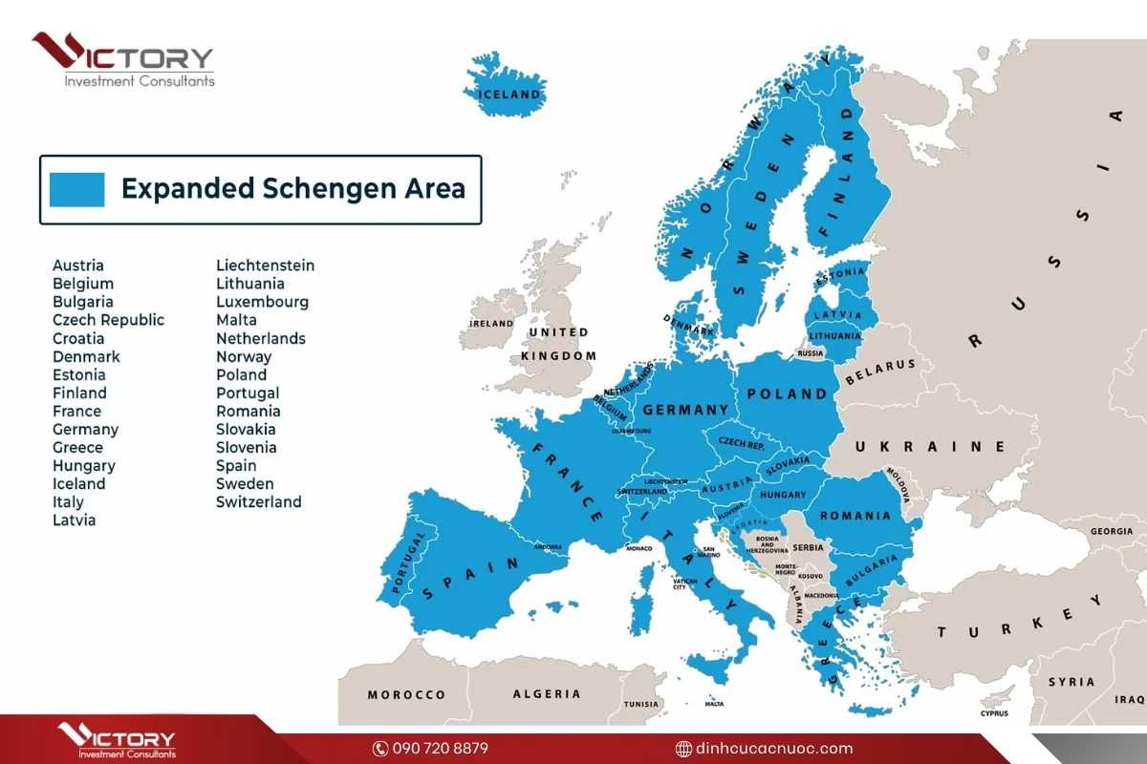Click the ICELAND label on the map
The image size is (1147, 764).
509,95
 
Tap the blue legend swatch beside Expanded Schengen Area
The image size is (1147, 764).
77,189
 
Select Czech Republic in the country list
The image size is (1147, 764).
108,320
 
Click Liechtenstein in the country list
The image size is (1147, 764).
265,265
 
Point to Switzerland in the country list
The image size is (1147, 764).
258,501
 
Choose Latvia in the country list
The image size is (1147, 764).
74,520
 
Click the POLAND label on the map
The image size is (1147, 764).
788,393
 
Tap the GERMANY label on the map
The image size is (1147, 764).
685,410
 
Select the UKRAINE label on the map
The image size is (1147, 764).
930,446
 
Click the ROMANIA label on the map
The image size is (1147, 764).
855,516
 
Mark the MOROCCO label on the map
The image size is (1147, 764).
406,694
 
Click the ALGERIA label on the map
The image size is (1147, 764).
546,694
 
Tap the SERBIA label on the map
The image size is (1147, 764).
808,548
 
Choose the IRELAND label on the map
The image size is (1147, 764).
492,324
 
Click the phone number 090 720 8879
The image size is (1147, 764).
440,748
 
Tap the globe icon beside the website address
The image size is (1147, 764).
683,749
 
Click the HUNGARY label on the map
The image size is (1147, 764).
783,496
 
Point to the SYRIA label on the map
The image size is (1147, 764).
1071,682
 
